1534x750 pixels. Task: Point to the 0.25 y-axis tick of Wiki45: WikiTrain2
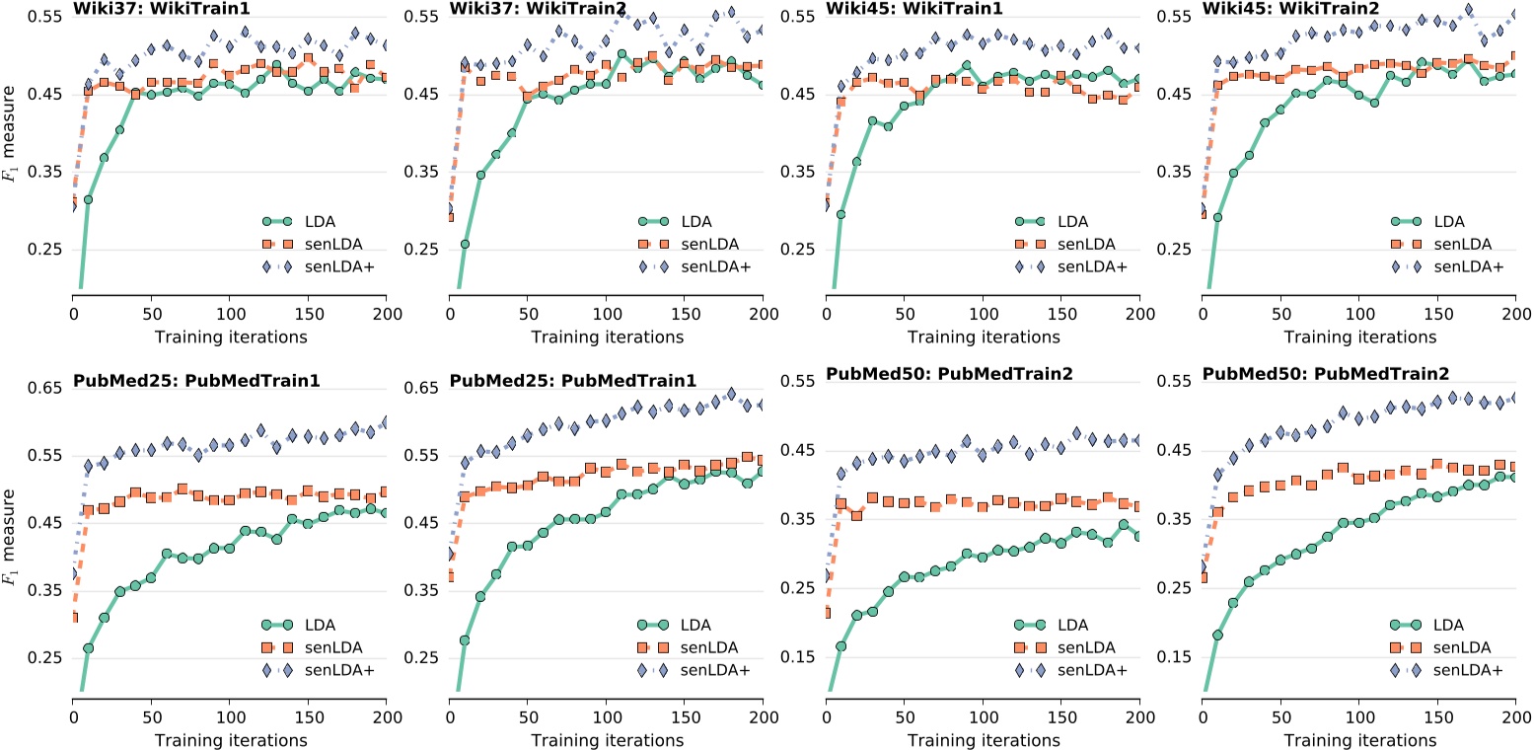[1175, 249]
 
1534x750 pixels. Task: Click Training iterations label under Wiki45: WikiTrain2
[1359, 337]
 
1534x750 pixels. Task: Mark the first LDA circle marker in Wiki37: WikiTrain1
[88, 199]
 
